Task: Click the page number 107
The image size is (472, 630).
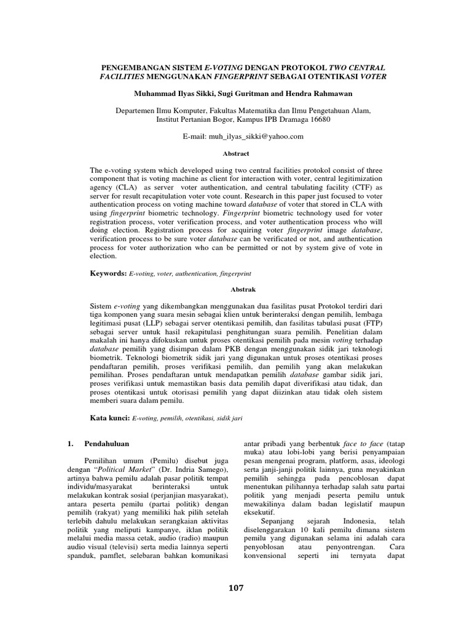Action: coord(235,588)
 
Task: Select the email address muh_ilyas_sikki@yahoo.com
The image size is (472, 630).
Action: coord(254,137)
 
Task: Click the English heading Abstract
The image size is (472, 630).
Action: coord(235,152)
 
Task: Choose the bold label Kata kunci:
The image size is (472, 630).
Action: coord(111,418)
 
